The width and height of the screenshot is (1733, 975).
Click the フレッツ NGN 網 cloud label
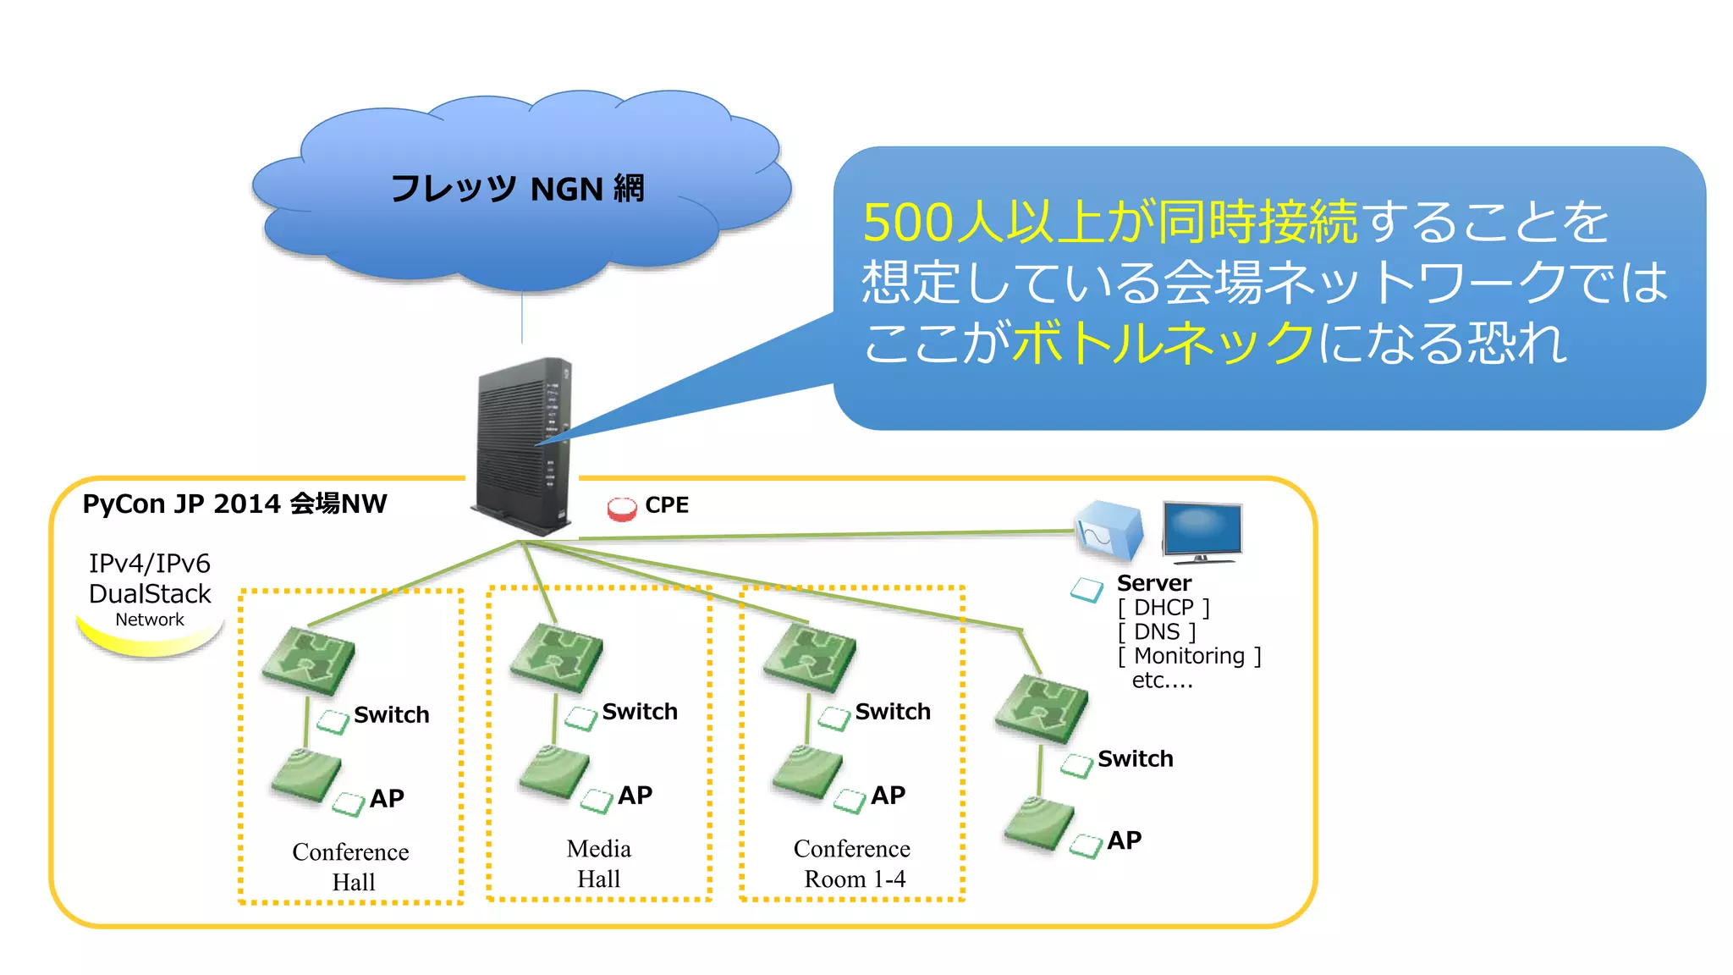tap(517, 189)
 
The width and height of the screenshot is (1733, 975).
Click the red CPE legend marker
tap(621, 508)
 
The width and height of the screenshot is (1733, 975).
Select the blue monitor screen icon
tap(1202, 531)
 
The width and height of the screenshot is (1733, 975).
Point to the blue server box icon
tap(1108, 532)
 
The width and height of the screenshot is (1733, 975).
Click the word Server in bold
tap(1153, 583)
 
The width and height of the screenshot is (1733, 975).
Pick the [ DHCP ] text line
tap(1164, 608)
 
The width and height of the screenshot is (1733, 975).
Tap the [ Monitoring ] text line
tap(1189, 656)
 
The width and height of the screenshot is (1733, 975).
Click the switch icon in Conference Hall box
tap(308, 661)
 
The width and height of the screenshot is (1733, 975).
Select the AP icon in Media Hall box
tap(554, 772)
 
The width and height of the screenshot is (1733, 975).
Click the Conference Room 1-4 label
tap(852, 863)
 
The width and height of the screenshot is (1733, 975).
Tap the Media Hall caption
tap(599, 863)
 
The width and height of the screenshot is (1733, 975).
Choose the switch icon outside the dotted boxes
tap(1041, 708)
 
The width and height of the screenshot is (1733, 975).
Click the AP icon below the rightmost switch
tap(1038, 823)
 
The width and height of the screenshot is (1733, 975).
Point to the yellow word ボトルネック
tap(1163, 343)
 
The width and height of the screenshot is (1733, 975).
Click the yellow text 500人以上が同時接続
tap(1109, 223)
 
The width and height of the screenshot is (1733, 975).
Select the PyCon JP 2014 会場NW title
tap(234, 504)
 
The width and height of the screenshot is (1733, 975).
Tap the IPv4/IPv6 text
tap(150, 564)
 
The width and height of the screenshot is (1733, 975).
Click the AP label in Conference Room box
tap(888, 796)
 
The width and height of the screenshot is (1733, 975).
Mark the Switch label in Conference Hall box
tap(391, 715)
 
